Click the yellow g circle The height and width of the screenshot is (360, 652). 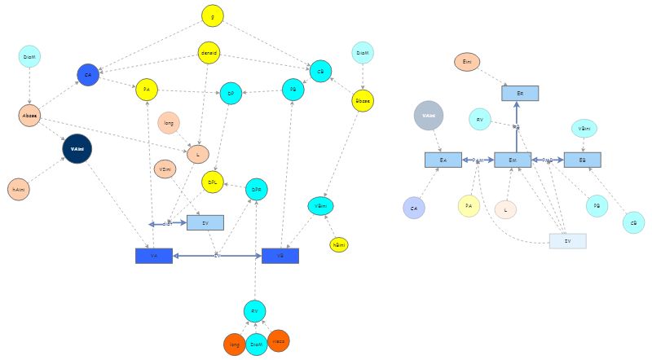213,15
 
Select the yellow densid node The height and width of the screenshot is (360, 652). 209,54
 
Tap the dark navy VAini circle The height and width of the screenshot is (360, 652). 77,149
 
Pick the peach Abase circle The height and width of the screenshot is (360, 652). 30,116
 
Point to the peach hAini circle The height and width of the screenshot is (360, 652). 18,189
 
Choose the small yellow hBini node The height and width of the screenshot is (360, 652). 338,244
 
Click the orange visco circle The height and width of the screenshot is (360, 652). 279,341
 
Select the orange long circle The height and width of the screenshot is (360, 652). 234,345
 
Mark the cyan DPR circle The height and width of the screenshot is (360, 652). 256,189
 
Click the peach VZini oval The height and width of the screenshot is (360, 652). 165,169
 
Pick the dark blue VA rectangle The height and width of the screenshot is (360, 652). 154,256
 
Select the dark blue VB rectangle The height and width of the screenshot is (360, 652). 280,256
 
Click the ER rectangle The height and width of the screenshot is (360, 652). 520,94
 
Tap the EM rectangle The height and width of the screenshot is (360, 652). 513,160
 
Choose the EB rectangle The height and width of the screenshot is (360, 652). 582,160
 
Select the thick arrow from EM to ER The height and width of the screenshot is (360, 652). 517,130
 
